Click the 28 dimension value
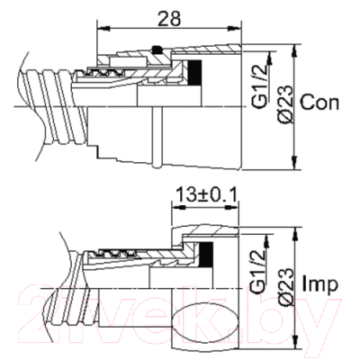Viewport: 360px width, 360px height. point(169,19)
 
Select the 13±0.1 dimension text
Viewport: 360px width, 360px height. point(207,195)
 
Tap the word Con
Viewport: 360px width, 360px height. point(319,103)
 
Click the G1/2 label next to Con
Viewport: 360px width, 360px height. point(258,87)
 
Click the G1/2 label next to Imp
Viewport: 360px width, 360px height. point(258,272)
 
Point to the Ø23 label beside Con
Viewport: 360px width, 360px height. point(284,103)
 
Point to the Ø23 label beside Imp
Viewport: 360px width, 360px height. point(284,286)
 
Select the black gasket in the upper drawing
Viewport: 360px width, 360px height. point(194,71)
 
